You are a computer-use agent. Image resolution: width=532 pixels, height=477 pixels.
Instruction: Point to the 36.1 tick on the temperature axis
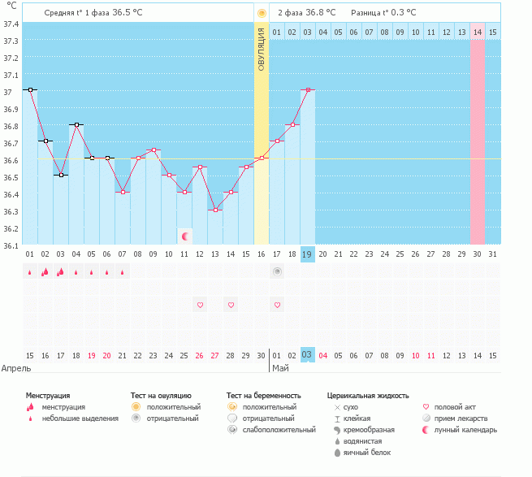point(11,245)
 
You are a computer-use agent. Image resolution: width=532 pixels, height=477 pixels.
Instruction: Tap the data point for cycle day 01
point(29,89)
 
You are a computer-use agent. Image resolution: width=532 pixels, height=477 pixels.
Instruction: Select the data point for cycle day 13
point(215,210)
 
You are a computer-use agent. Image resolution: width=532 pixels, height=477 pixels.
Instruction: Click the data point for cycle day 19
point(308,89)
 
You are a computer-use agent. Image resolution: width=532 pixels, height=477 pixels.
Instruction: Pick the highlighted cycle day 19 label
point(308,254)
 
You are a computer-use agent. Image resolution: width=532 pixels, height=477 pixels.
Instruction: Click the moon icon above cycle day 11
point(185,236)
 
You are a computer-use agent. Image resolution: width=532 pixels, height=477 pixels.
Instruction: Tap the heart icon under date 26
point(200,305)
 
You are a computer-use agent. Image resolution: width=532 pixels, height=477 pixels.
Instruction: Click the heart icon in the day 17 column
point(277,305)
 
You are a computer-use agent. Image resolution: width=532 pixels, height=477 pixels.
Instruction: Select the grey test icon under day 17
point(277,271)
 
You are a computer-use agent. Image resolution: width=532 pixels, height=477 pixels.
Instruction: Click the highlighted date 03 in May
point(308,355)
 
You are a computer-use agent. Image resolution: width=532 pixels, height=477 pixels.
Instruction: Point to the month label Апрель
point(16,368)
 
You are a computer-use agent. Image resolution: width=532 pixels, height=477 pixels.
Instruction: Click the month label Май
point(279,368)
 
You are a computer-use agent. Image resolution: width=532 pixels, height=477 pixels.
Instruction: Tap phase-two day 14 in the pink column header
point(478,32)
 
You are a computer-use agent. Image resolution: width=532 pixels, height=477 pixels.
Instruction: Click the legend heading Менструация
point(47,395)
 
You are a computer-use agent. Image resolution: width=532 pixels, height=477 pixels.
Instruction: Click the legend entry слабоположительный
point(279,429)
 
